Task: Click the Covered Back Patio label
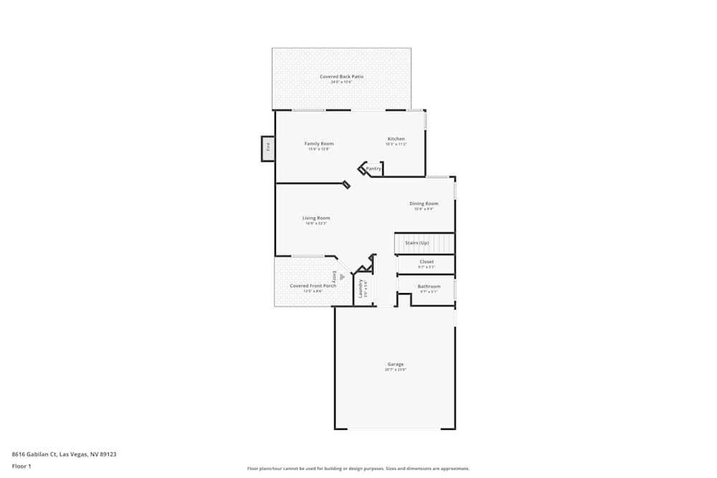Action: (x=341, y=76)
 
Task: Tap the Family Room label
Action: (x=319, y=143)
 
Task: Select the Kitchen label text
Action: (x=396, y=138)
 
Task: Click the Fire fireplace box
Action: (x=268, y=148)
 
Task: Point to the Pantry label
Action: (x=374, y=168)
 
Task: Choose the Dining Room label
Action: (x=424, y=203)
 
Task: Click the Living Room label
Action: (x=316, y=218)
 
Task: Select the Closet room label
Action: (x=427, y=262)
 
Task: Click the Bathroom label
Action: (x=429, y=286)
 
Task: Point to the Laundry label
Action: (x=360, y=288)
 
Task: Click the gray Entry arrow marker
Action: (x=343, y=277)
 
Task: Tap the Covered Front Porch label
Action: (x=308, y=285)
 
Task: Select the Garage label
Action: (x=396, y=364)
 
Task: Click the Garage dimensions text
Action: (x=396, y=370)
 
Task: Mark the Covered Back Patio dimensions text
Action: (x=341, y=82)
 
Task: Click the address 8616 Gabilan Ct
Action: (x=65, y=454)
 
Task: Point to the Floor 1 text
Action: (x=22, y=466)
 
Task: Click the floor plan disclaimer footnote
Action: (x=358, y=469)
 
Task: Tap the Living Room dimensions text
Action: (x=316, y=224)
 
